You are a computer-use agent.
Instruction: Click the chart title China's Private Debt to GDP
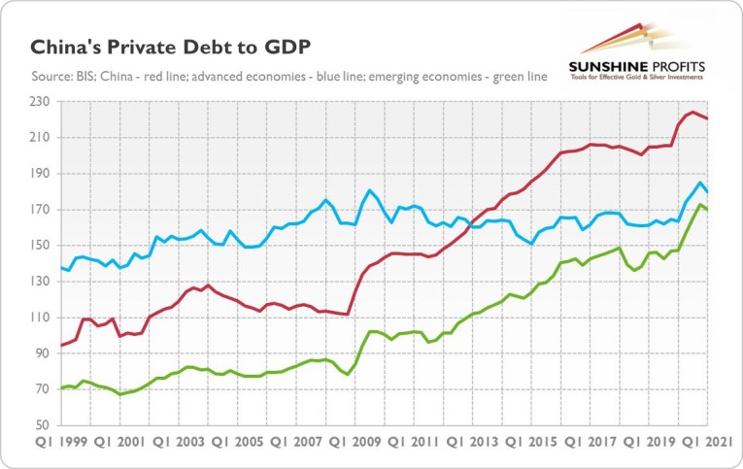tap(171, 48)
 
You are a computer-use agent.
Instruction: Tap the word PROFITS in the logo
tap(678, 67)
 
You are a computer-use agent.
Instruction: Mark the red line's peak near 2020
tap(691, 112)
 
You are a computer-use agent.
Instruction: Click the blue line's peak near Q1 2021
tap(700, 182)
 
